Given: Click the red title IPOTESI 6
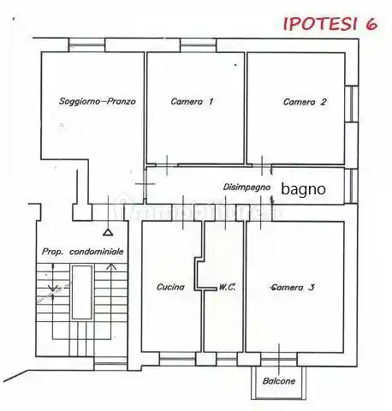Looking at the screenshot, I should tap(330, 23).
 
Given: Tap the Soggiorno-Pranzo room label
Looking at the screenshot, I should tap(98, 101).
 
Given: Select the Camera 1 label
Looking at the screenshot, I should tap(192, 101).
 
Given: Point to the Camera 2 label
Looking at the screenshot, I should tap(305, 101).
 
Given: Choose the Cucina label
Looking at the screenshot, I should tap(170, 287).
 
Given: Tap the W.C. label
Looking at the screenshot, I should tap(227, 287).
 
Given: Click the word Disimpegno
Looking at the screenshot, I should tap(247, 187).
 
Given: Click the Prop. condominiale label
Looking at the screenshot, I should tap(83, 252).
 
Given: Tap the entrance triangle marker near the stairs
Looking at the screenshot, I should tap(107, 231).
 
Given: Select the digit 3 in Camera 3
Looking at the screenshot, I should tap(312, 287).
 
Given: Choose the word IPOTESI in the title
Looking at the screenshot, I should tap(318, 23).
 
